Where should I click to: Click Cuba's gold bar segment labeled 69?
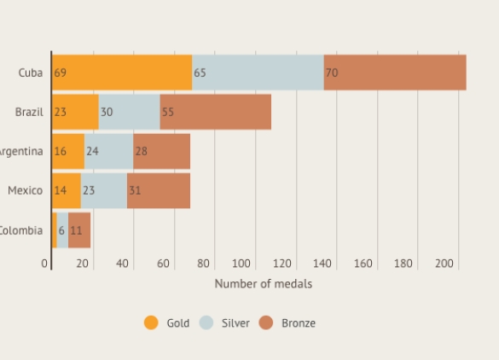click(122, 73)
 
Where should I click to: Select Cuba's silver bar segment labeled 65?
click(258, 73)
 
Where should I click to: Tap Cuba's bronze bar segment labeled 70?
click(395, 73)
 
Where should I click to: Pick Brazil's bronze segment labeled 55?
click(215, 112)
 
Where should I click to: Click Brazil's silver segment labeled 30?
click(129, 112)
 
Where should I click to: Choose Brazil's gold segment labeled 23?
click(75, 112)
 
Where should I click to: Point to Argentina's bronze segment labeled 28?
click(161, 151)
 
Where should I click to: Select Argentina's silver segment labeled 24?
click(108, 151)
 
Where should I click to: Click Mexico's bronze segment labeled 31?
click(159, 190)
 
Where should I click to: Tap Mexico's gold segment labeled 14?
click(67, 190)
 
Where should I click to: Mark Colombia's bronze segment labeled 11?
click(79, 229)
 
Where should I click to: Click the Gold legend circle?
click(151, 322)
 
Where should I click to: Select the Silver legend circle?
click(206, 322)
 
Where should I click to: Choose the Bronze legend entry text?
click(298, 323)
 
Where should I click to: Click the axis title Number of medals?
click(263, 283)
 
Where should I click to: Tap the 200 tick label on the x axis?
click(444, 264)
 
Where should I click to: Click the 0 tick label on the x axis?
click(45, 264)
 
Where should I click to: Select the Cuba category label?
click(31, 73)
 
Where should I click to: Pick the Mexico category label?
click(25, 190)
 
